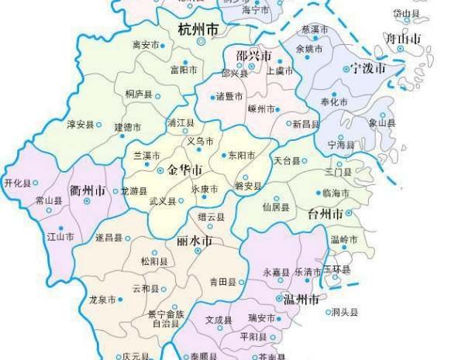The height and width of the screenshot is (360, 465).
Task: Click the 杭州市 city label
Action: click(x=198, y=31)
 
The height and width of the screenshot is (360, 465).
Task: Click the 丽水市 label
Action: click(x=195, y=242)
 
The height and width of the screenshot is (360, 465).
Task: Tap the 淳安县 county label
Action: click(x=80, y=124)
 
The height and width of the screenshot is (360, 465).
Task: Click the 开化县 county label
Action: click(x=17, y=183)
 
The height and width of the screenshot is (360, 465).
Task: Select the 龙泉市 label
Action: click(x=102, y=299)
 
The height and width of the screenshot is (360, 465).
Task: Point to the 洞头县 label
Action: click(x=345, y=313)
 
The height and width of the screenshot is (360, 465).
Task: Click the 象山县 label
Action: click(x=382, y=122)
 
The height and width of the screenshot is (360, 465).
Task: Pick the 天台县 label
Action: click(x=286, y=160)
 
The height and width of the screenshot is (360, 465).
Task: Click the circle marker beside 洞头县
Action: click(x=328, y=313)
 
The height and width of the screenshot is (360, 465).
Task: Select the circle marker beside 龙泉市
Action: click(x=121, y=299)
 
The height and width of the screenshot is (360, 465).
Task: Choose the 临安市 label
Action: click(x=145, y=45)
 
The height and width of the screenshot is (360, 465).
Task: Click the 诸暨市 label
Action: click(x=230, y=96)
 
